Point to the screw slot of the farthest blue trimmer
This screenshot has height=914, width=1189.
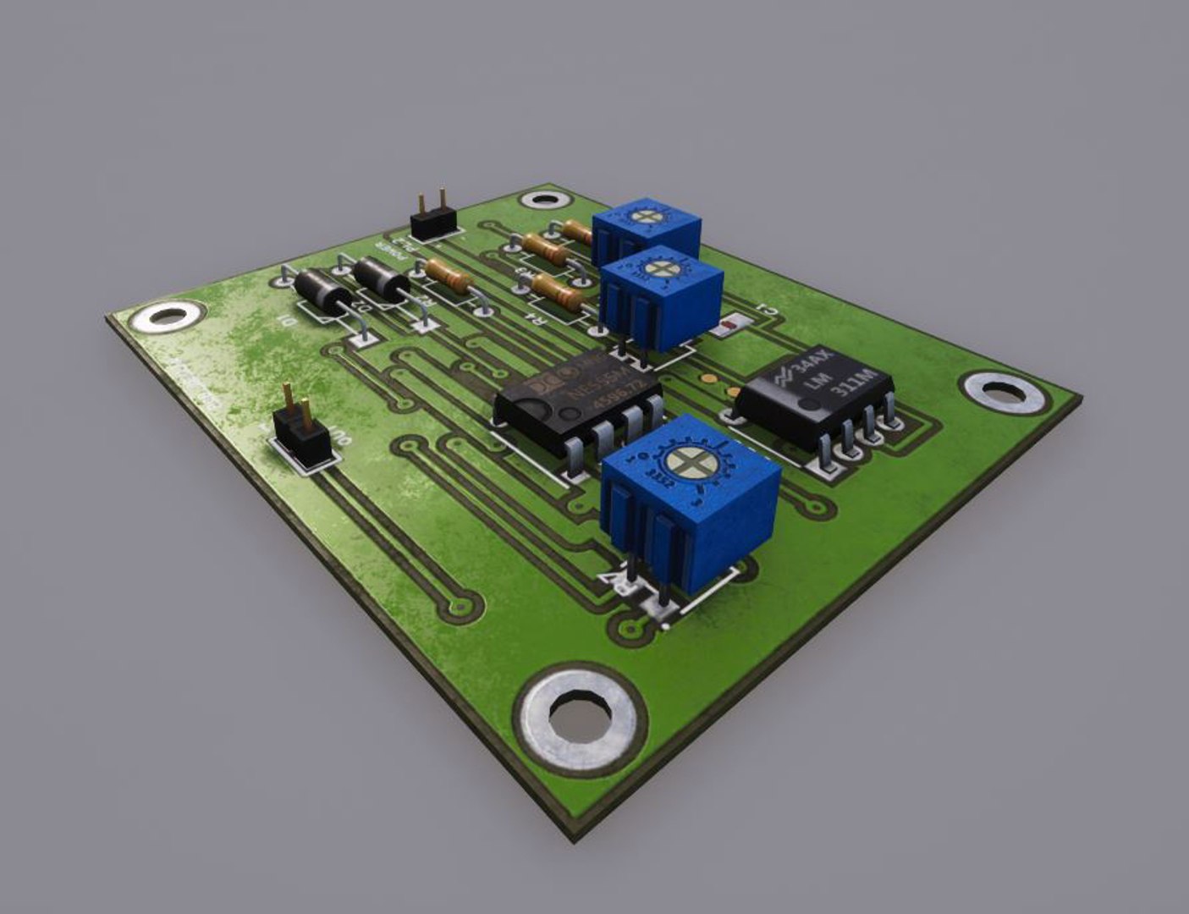click(x=646, y=215)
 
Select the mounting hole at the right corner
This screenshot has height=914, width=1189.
click(x=1005, y=392)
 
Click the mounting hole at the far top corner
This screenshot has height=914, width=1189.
click(x=542, y=201)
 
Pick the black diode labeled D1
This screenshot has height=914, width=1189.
click(x=322, y=291)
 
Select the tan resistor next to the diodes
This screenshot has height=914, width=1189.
click(x=448, y=276)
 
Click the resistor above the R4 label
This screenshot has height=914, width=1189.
click(x=559, y=294)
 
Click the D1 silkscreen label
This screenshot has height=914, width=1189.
click(x=289, y=322)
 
